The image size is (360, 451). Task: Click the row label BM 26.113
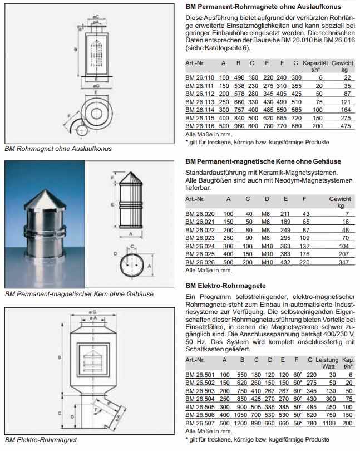[x=199, y=102]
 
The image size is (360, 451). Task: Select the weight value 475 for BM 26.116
[x=346, y=126]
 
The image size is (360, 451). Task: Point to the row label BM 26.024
[x=199, y=245]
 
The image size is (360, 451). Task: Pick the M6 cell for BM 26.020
[x=268, y=214]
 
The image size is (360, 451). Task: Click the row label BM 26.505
[x=199, y=406]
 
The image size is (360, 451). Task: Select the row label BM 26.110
[x=199, y=77]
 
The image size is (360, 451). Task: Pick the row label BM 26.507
[x=199, y=423]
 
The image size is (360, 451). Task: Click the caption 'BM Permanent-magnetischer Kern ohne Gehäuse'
[x=78, y=293]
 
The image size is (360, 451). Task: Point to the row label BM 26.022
[x=199, y=229]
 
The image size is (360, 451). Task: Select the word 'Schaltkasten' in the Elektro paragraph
[x=206, y=349]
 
